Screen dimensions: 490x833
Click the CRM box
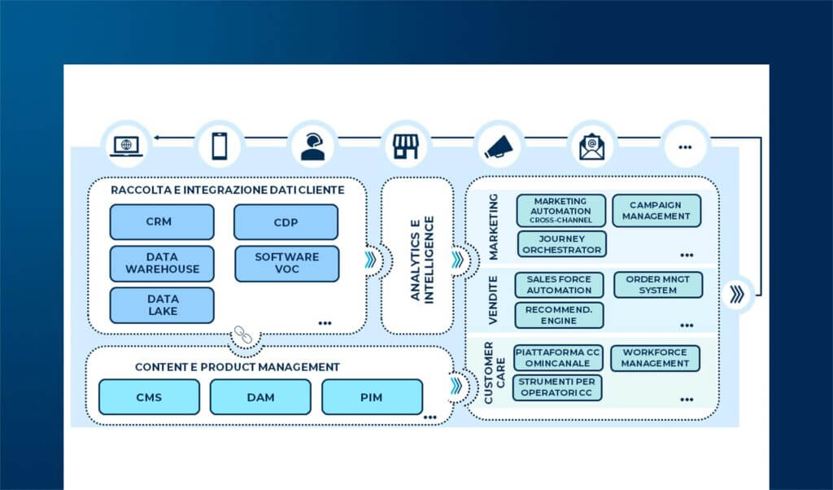click(162, 221)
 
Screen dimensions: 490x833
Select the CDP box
click(286, 221)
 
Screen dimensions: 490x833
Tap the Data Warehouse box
click(162, 263)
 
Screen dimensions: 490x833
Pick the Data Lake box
click(162, 304)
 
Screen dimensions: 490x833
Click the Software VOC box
click(286, 263)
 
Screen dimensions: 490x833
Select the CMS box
click(149, 397)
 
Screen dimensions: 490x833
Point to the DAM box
click(260, 397)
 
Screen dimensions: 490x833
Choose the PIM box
click(372, 397)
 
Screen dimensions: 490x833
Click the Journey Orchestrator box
click(560, 244)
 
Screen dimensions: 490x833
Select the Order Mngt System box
click(657, 285)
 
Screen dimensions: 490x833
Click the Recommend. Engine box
click(558, 315)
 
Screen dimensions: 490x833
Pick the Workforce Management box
click(655, 358)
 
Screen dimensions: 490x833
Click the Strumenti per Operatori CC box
click(557, 387)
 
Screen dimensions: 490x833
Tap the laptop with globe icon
click(126, 145)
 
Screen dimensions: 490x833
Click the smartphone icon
click(220, 145)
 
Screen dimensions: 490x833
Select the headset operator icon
click(312, 145)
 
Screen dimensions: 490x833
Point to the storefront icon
click(404, 145)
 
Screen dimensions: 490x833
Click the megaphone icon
click(497, 145)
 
